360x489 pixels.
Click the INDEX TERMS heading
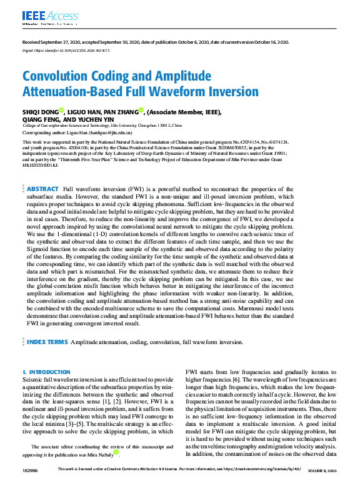[47, 342]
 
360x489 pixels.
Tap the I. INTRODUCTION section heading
[46, 372]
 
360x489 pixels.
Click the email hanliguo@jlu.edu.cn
[127, 133]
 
